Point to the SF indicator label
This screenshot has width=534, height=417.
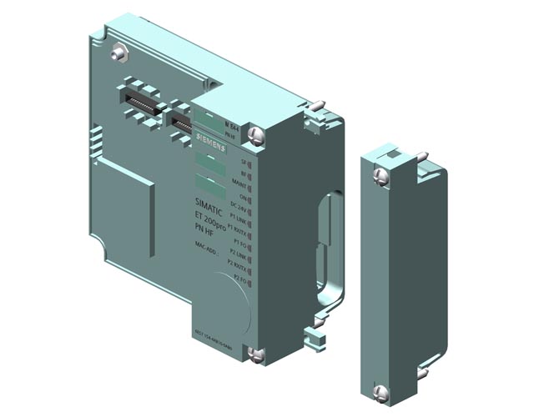coord(244,160)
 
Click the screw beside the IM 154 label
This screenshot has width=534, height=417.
coord(255,133)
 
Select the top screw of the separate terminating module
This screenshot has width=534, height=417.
coord(380,175)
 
